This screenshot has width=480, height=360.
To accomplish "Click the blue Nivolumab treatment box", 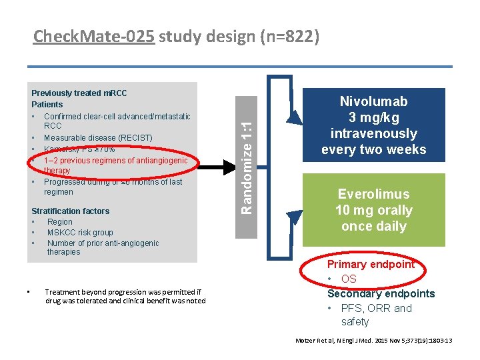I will (373, 125).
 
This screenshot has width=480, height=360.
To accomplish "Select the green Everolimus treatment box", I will (373, 210).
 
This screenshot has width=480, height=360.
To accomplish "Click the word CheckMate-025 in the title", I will (94, 37).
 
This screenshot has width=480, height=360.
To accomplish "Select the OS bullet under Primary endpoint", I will (349, 279).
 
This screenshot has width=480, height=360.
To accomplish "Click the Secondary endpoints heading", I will (381, 293).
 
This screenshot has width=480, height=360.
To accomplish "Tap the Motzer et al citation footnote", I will (373, 341).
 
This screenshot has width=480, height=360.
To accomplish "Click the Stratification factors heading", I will (71, 211).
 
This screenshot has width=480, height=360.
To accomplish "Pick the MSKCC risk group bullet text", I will (80, 233).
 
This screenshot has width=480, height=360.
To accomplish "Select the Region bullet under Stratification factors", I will (60, 222).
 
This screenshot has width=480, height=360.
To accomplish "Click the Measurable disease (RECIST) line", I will (98, 138).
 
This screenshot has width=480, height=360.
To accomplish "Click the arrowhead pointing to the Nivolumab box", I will (294, 117).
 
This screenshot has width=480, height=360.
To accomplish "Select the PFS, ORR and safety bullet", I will (375, 315).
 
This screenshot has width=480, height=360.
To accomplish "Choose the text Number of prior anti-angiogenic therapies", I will (103, 247).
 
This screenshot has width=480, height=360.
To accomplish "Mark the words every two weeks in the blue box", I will (373, 149).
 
